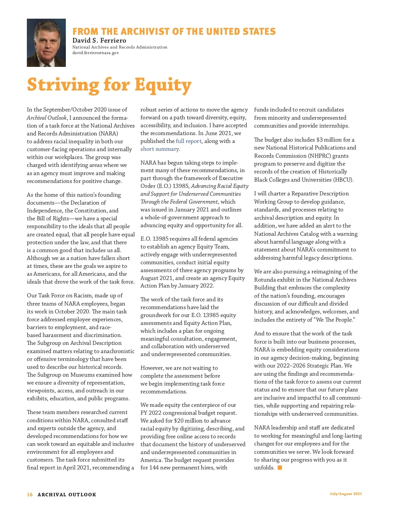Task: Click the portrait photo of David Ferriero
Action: click(x=46, y=43)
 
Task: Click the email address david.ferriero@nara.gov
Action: click(x=95, y=53)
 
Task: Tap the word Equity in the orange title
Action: click(x=163, y=85)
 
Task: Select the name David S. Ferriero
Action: click(x=99, y=41)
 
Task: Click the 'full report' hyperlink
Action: click(x=189, y=141)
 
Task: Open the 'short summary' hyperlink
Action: click(x=160, y=149)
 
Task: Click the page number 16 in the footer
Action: click(x=30, y=495)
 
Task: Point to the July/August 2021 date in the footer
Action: click(x=346, y=494)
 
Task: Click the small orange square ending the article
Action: click(x=280, y=468)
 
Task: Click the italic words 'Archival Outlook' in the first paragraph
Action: click(x=47, y=118)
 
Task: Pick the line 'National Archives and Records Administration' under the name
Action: click(x=120, y=47)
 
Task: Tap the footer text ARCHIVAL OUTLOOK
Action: click(x=67, y=495)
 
